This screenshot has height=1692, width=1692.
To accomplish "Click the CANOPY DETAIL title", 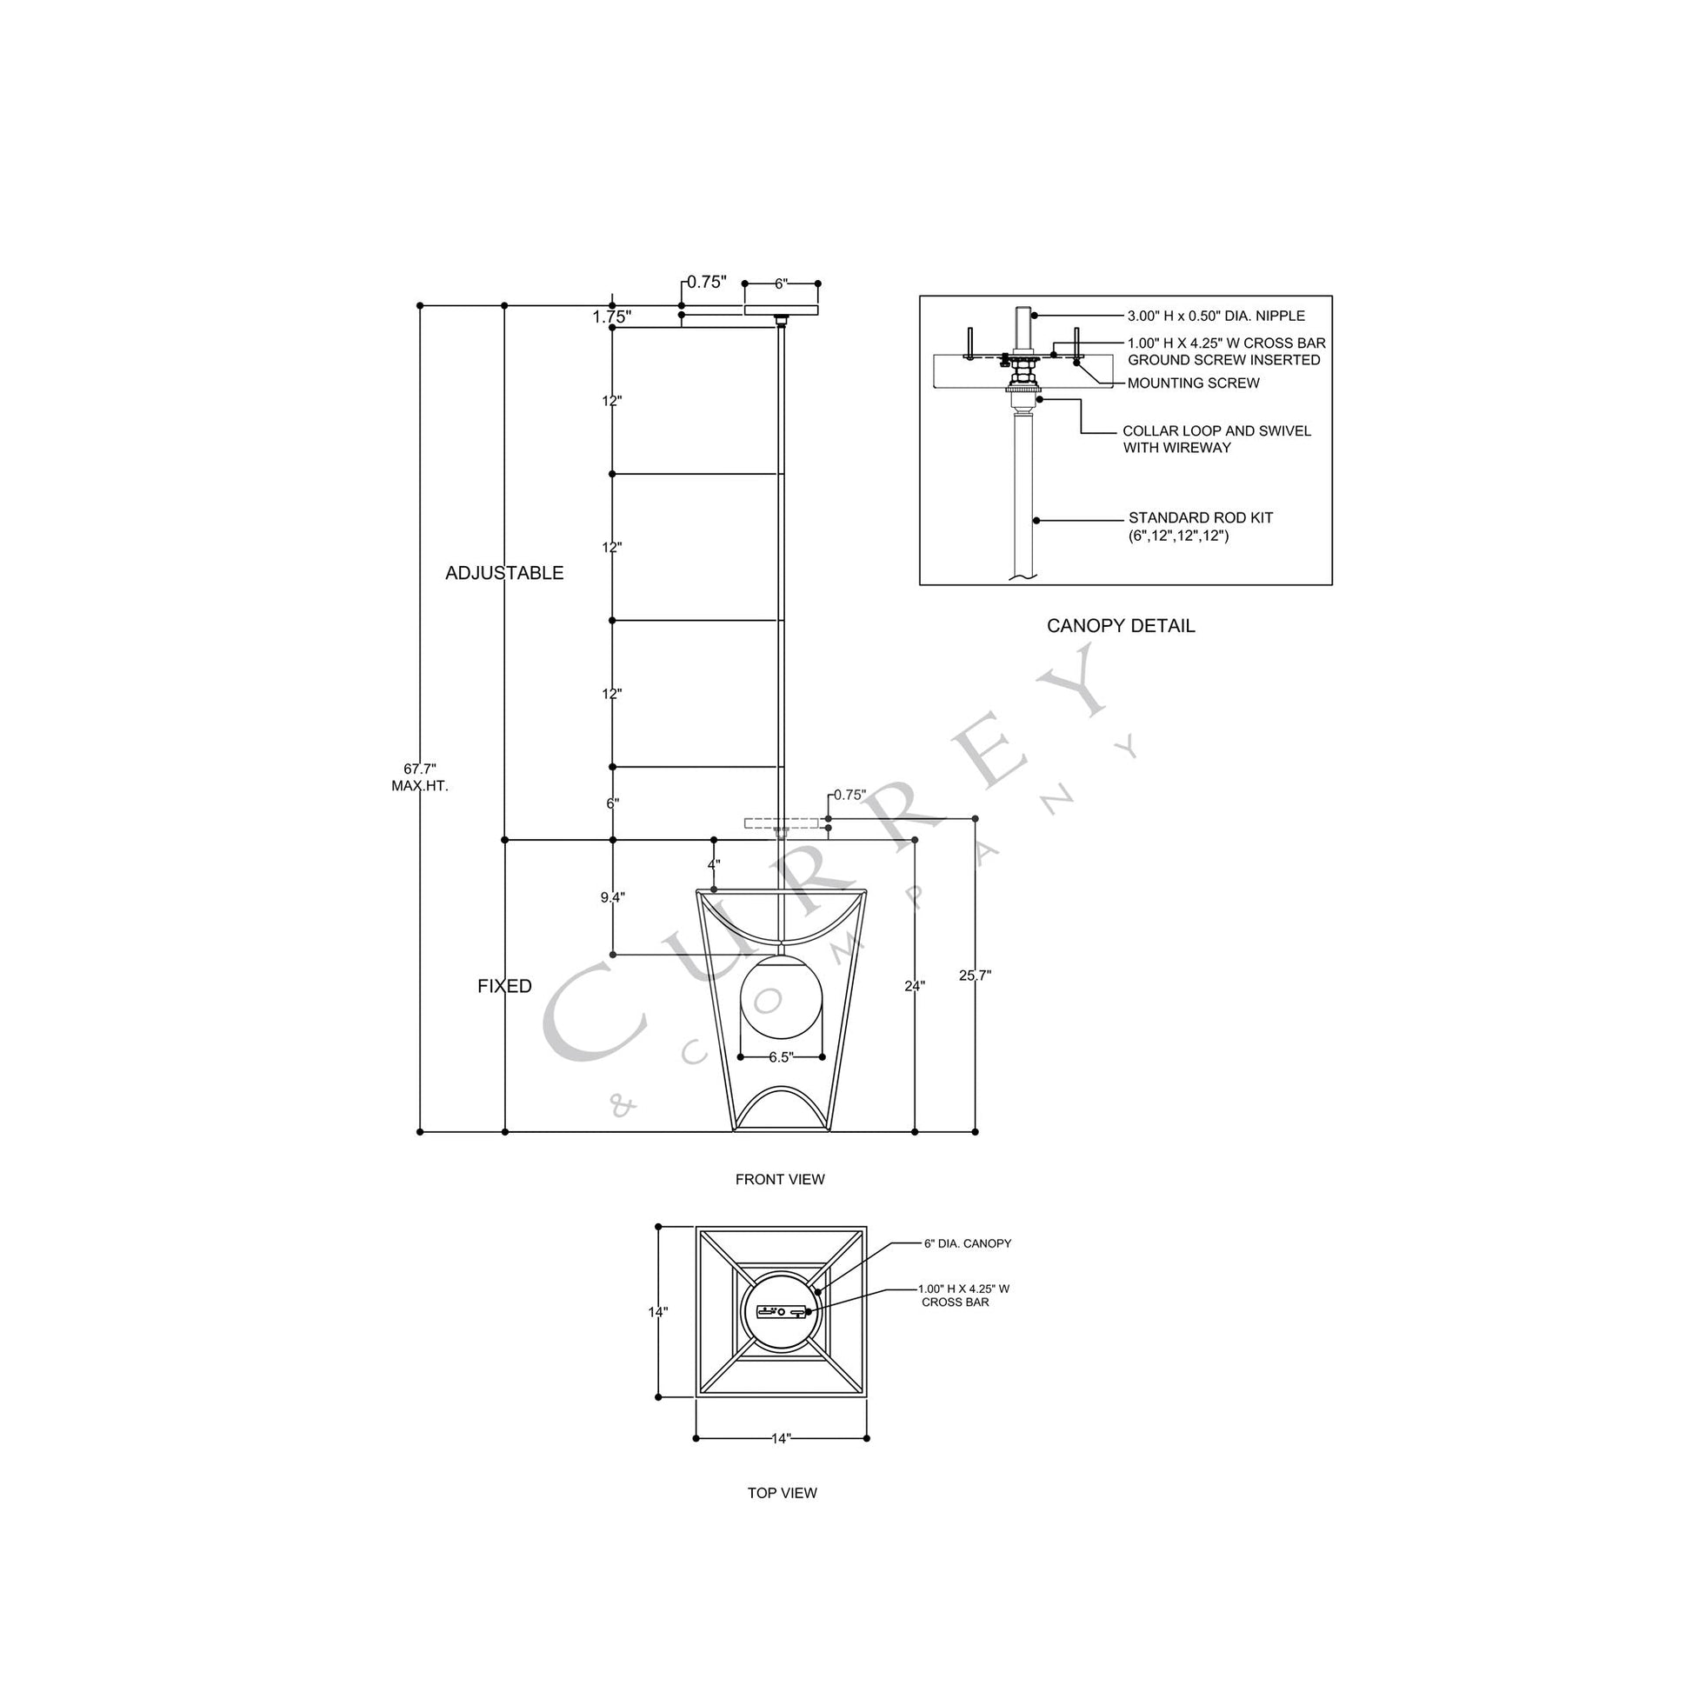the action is [1120, 626].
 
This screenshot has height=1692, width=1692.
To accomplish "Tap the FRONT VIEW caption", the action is [779, 1180].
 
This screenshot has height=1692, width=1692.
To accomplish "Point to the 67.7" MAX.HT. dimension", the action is [419, 777].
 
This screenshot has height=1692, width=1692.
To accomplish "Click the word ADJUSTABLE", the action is [504, 573].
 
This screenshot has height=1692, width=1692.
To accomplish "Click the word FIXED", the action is [504, 986].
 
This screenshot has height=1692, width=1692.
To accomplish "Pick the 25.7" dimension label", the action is [974, 976].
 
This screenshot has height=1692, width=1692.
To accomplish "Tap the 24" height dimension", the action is [915, 986].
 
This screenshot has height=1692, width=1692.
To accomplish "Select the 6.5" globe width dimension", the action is [781, 1057].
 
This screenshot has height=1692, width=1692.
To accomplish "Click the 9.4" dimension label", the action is [612, 896].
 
